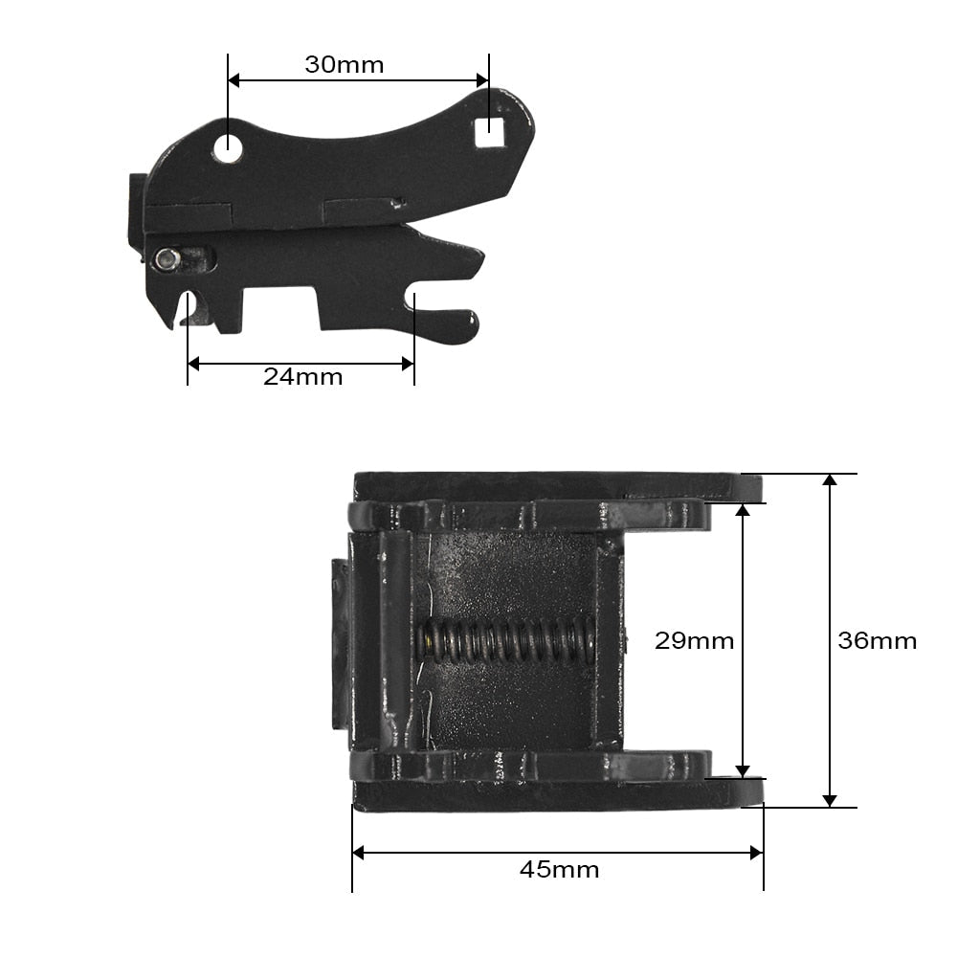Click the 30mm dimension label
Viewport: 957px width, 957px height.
click(344, 65)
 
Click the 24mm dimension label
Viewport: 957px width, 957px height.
click(302, 376)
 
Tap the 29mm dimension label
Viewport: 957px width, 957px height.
click(694, 640)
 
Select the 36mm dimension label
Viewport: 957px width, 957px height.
click(877, 640)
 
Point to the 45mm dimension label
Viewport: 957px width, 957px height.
click(559, 870)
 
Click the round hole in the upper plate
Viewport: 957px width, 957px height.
click(228, 147)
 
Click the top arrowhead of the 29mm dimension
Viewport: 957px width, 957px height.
click(742, 509)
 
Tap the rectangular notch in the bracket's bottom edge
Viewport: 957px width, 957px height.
click(281, 308)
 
